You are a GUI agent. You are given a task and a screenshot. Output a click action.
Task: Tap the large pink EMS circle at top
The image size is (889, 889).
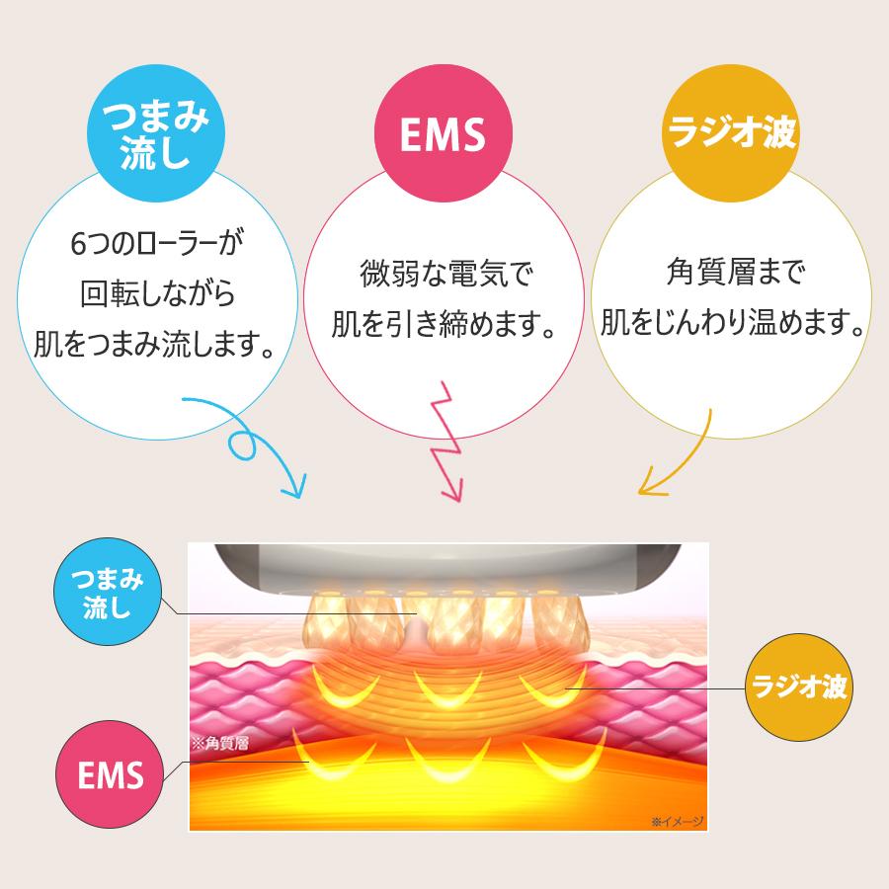pos(442,135)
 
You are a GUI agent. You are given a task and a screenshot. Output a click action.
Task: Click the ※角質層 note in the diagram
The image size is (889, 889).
pos(219,743)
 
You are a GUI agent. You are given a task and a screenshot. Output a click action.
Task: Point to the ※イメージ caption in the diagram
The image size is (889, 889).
pos(676,819)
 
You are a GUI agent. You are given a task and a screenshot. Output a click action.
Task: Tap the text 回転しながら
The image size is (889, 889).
pos(155,293)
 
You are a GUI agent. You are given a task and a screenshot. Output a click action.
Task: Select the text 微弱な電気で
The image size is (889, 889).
pos(439,273)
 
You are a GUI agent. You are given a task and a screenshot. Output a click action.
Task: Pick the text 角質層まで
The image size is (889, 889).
pos(732,273)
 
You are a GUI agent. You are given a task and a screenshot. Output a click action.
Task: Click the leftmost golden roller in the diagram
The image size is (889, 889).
pos(330,618)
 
